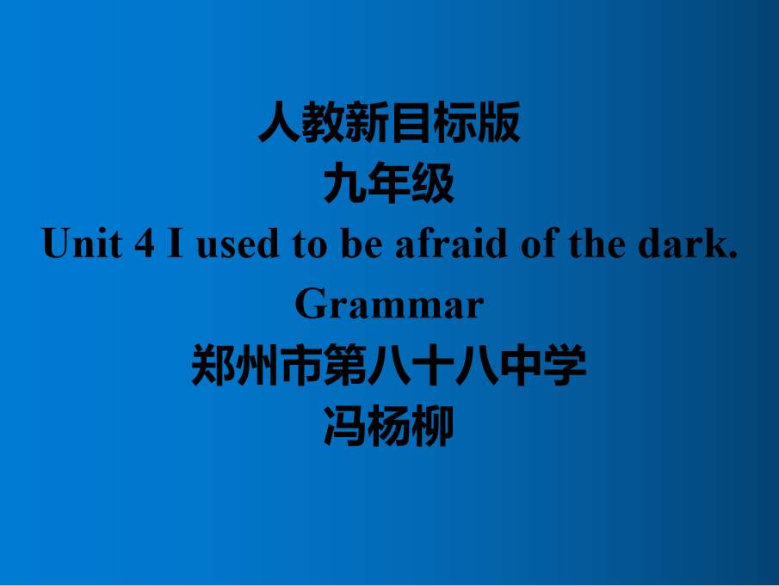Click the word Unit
click(83, 243)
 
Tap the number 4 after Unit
click(145, 243)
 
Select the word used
click(238, 243)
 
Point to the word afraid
click(451, 243)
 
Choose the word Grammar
click(389, 304)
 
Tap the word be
click(362, 243)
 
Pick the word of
click(540, 243)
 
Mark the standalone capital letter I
click(176, 243)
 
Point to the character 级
click(433, 182)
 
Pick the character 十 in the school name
click(433, 365)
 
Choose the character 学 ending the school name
click(565, 365)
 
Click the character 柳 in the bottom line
click(433, 426)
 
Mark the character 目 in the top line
click(411, 122)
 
